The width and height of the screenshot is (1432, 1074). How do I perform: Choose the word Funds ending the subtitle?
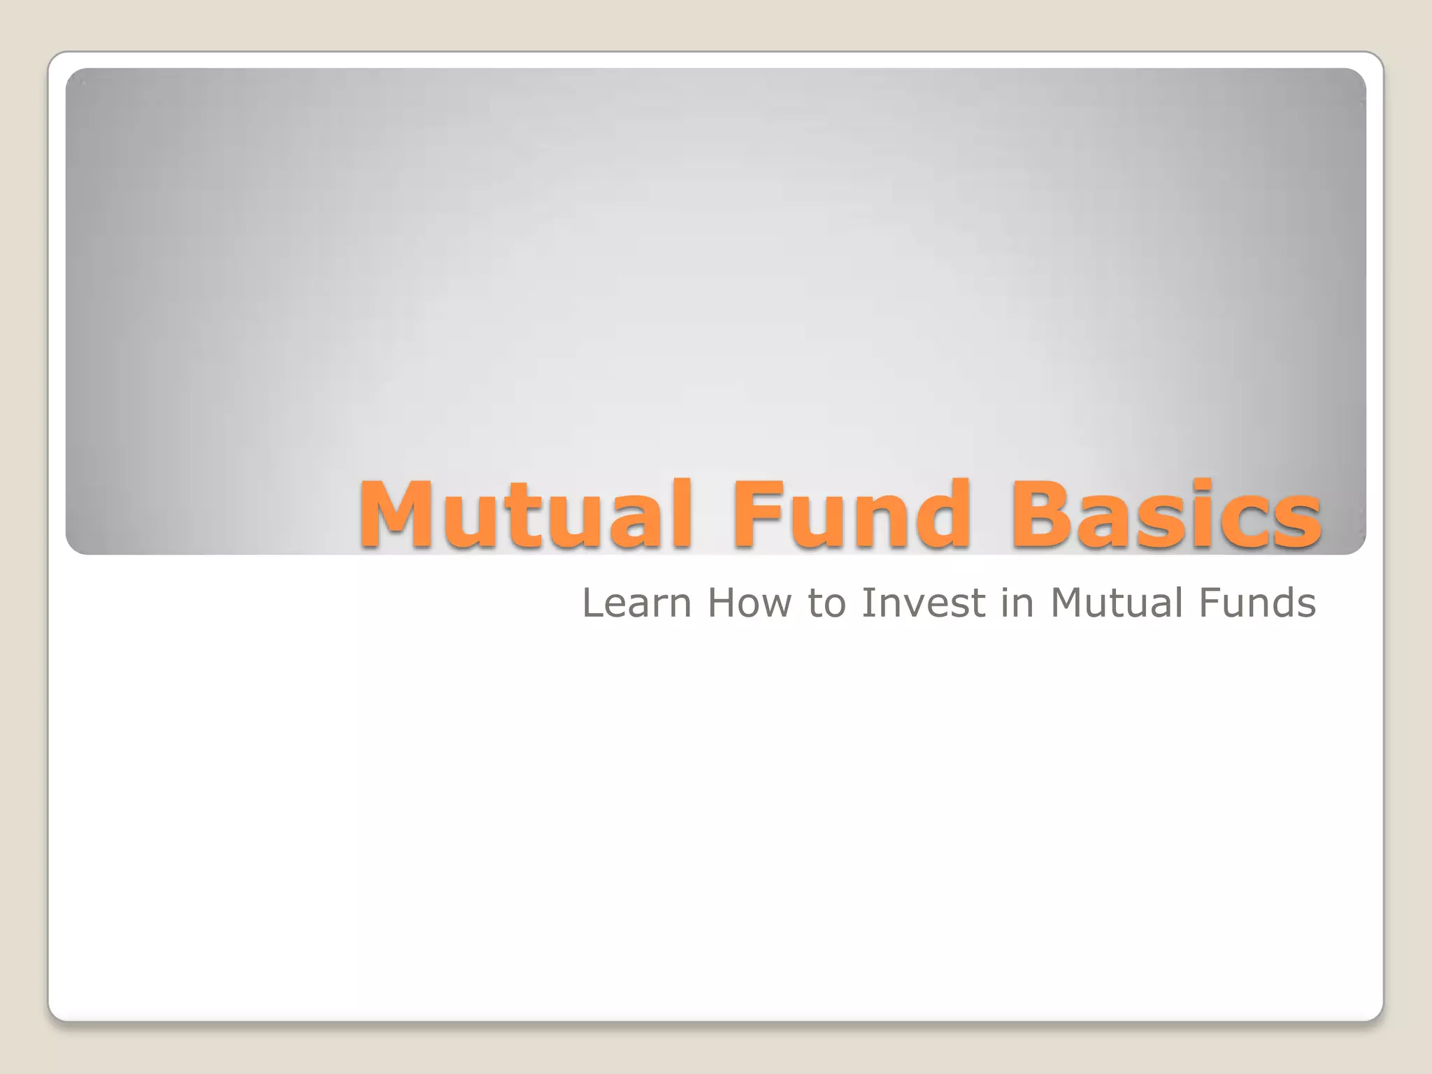(x=1256, y=603)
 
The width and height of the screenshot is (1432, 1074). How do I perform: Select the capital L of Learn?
(x=592, y=603)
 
